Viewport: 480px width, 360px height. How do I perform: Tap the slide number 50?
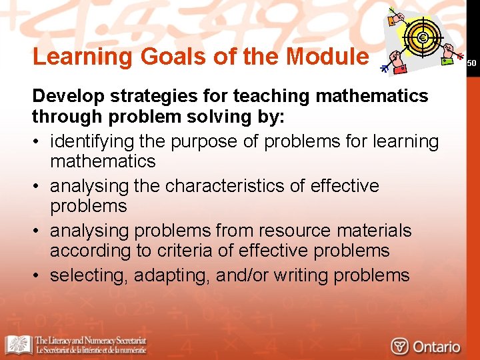pos(472,63)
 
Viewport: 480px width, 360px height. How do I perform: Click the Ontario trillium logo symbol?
pos(400,346)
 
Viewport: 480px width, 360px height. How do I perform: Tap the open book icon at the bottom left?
pos(19,345)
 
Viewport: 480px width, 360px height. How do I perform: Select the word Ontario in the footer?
pos(437,346)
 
